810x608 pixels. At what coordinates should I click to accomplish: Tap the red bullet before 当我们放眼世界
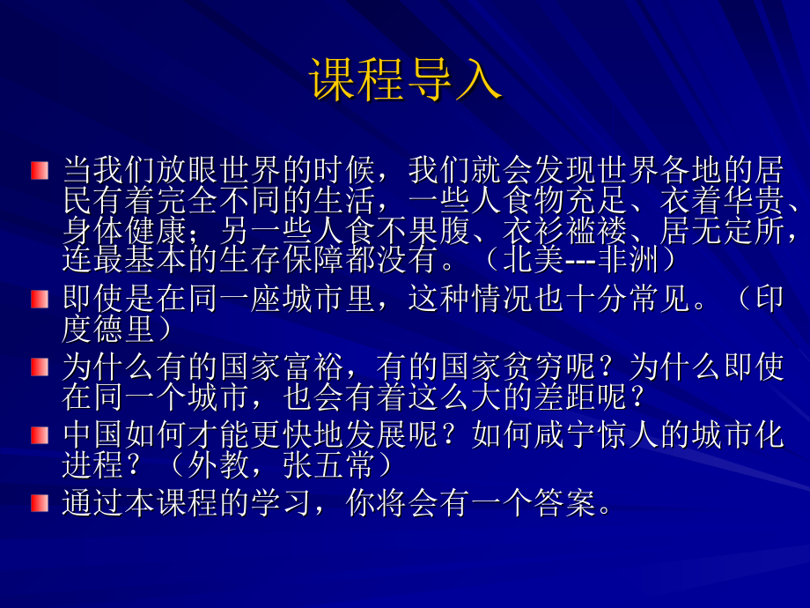tap(39, 170)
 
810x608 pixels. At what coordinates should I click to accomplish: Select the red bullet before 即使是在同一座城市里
tap(39, 300)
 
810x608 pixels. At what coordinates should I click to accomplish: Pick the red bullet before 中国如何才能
tap(39, 435)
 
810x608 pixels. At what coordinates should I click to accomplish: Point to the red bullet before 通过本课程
tap(39, 503)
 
